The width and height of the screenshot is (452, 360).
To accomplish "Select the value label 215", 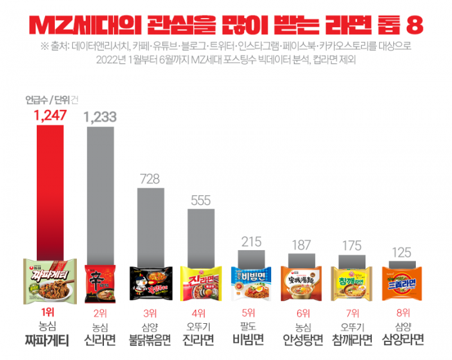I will click(251, 242).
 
